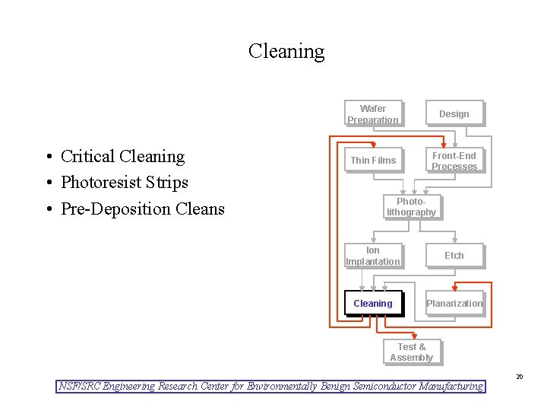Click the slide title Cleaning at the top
pyautogui.click(x=286, y=52)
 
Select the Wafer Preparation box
pyautogui.click(x=372, y=114)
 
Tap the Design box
pyautogui.click(x=454, y=114)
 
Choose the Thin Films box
pyautogui.click(x=372, y=161)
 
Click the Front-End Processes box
pyautogui.click(x=454, y=161)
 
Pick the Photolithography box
pyautogui.click(x=411, y=207)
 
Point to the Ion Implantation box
pyautogui.click(x=372, y=256)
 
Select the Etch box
pyautogui.click(x=454, y=256)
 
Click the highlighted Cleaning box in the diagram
pyautogui.click(x=372, y=304)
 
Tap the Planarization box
pyautogui.click(x=454, y=304)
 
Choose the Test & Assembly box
pyautogui.click(x=411, y=352)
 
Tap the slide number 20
pyautogui.click(x=520, y=377)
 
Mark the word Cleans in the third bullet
pyautogui.click(x=201, y=209)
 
